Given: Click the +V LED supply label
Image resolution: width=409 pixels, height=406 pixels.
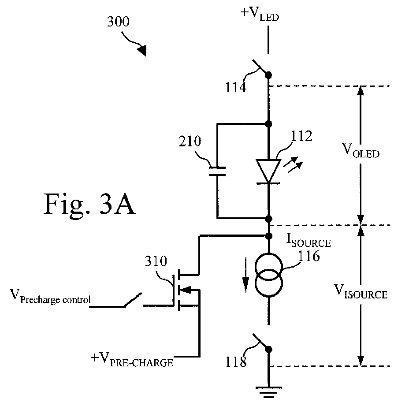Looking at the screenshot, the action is pyautogui.click(x=260, y=15).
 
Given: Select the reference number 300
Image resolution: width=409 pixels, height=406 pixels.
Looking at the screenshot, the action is pyautogui.click(x=118, y=22).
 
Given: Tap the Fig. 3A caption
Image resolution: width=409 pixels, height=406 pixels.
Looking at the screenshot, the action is pyautogui.click(x=89, y=205).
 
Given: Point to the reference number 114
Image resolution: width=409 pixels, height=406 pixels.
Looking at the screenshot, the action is pyautogui.click(x=236, y=87).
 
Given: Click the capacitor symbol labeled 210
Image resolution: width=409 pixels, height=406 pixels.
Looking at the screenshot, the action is pyautogui.click(x=217, y=171).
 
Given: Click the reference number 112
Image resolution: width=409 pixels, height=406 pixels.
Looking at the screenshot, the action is pyautogui.click(x=301, y=136).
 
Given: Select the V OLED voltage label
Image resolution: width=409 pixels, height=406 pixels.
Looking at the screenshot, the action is pyautogui.click(x=361, y=151).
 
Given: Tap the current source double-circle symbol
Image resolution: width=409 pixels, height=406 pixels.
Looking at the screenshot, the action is pyautogui.click(x=268, y=275).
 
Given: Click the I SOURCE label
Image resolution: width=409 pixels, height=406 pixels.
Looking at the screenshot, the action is pyautogui.click(x=309, y=240).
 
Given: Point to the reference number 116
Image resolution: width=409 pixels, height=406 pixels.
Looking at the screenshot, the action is pyautogui.click(x=309, y=256).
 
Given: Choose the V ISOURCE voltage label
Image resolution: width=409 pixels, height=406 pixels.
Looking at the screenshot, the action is pyautogui.click(x=361, y=291).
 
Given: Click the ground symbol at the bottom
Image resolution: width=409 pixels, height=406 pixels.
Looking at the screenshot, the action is pyautogui.click(x=268, y=392).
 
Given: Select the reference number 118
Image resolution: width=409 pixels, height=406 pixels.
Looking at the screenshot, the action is pyautogui.click(x=236, y=362).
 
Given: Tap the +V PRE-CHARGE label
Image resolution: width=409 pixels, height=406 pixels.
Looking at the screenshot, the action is pyautogui.click(x=132, y=360).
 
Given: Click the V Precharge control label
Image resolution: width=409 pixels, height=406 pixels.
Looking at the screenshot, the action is pyautogui.click(x=50, y=297).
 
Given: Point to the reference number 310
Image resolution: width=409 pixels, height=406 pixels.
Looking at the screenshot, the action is pyautogui.click(x=156, y=261).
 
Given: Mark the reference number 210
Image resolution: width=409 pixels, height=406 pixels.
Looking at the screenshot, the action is pyautogui.click(x=190, y=142).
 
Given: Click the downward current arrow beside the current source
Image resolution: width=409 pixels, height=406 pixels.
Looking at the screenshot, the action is pyautogui.click(x=245, y=275).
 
